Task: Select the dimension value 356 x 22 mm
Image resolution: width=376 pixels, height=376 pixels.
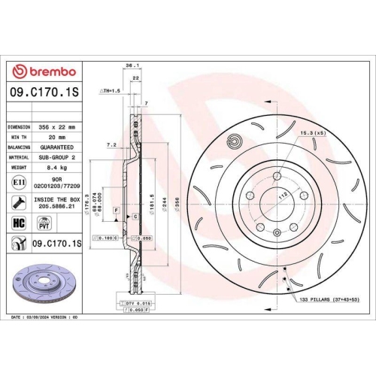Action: pos(57,128)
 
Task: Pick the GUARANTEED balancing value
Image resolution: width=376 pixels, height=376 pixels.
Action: pos(57,149)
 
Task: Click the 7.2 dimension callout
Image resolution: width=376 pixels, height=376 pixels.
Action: pos(112,144)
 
